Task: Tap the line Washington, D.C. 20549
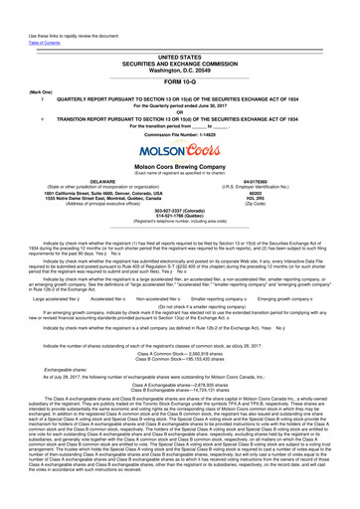tap(180, 50)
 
